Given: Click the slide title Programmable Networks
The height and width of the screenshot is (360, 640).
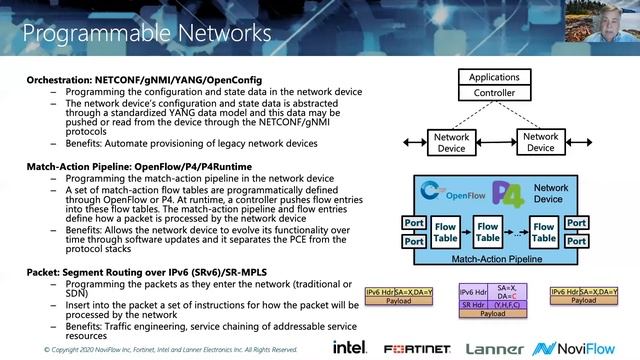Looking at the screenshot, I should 147,33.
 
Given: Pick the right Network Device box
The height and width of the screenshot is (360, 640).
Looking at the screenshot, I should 541,142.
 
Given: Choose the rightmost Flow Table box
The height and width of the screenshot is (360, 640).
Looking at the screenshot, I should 543,234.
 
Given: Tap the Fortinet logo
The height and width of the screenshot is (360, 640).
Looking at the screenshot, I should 413,347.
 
